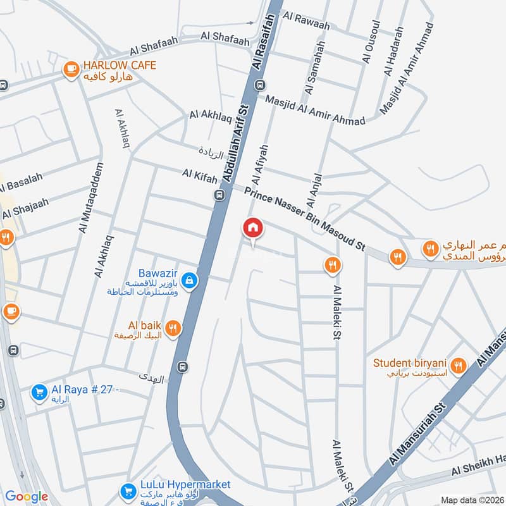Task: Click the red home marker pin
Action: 253,228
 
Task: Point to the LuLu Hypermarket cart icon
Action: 128,490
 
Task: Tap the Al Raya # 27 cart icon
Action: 39,393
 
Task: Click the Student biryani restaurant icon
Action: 459,365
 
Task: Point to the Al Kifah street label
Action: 200,173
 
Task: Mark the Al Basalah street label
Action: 20,183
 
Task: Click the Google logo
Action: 27,497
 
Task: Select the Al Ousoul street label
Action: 372,42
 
